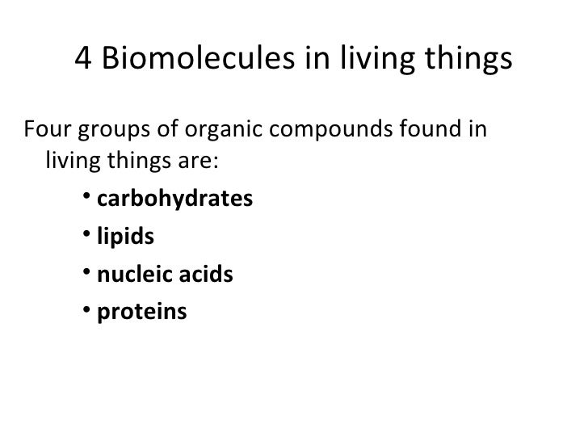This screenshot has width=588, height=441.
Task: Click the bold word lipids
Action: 124,237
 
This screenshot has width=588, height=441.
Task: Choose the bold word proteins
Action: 141,313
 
